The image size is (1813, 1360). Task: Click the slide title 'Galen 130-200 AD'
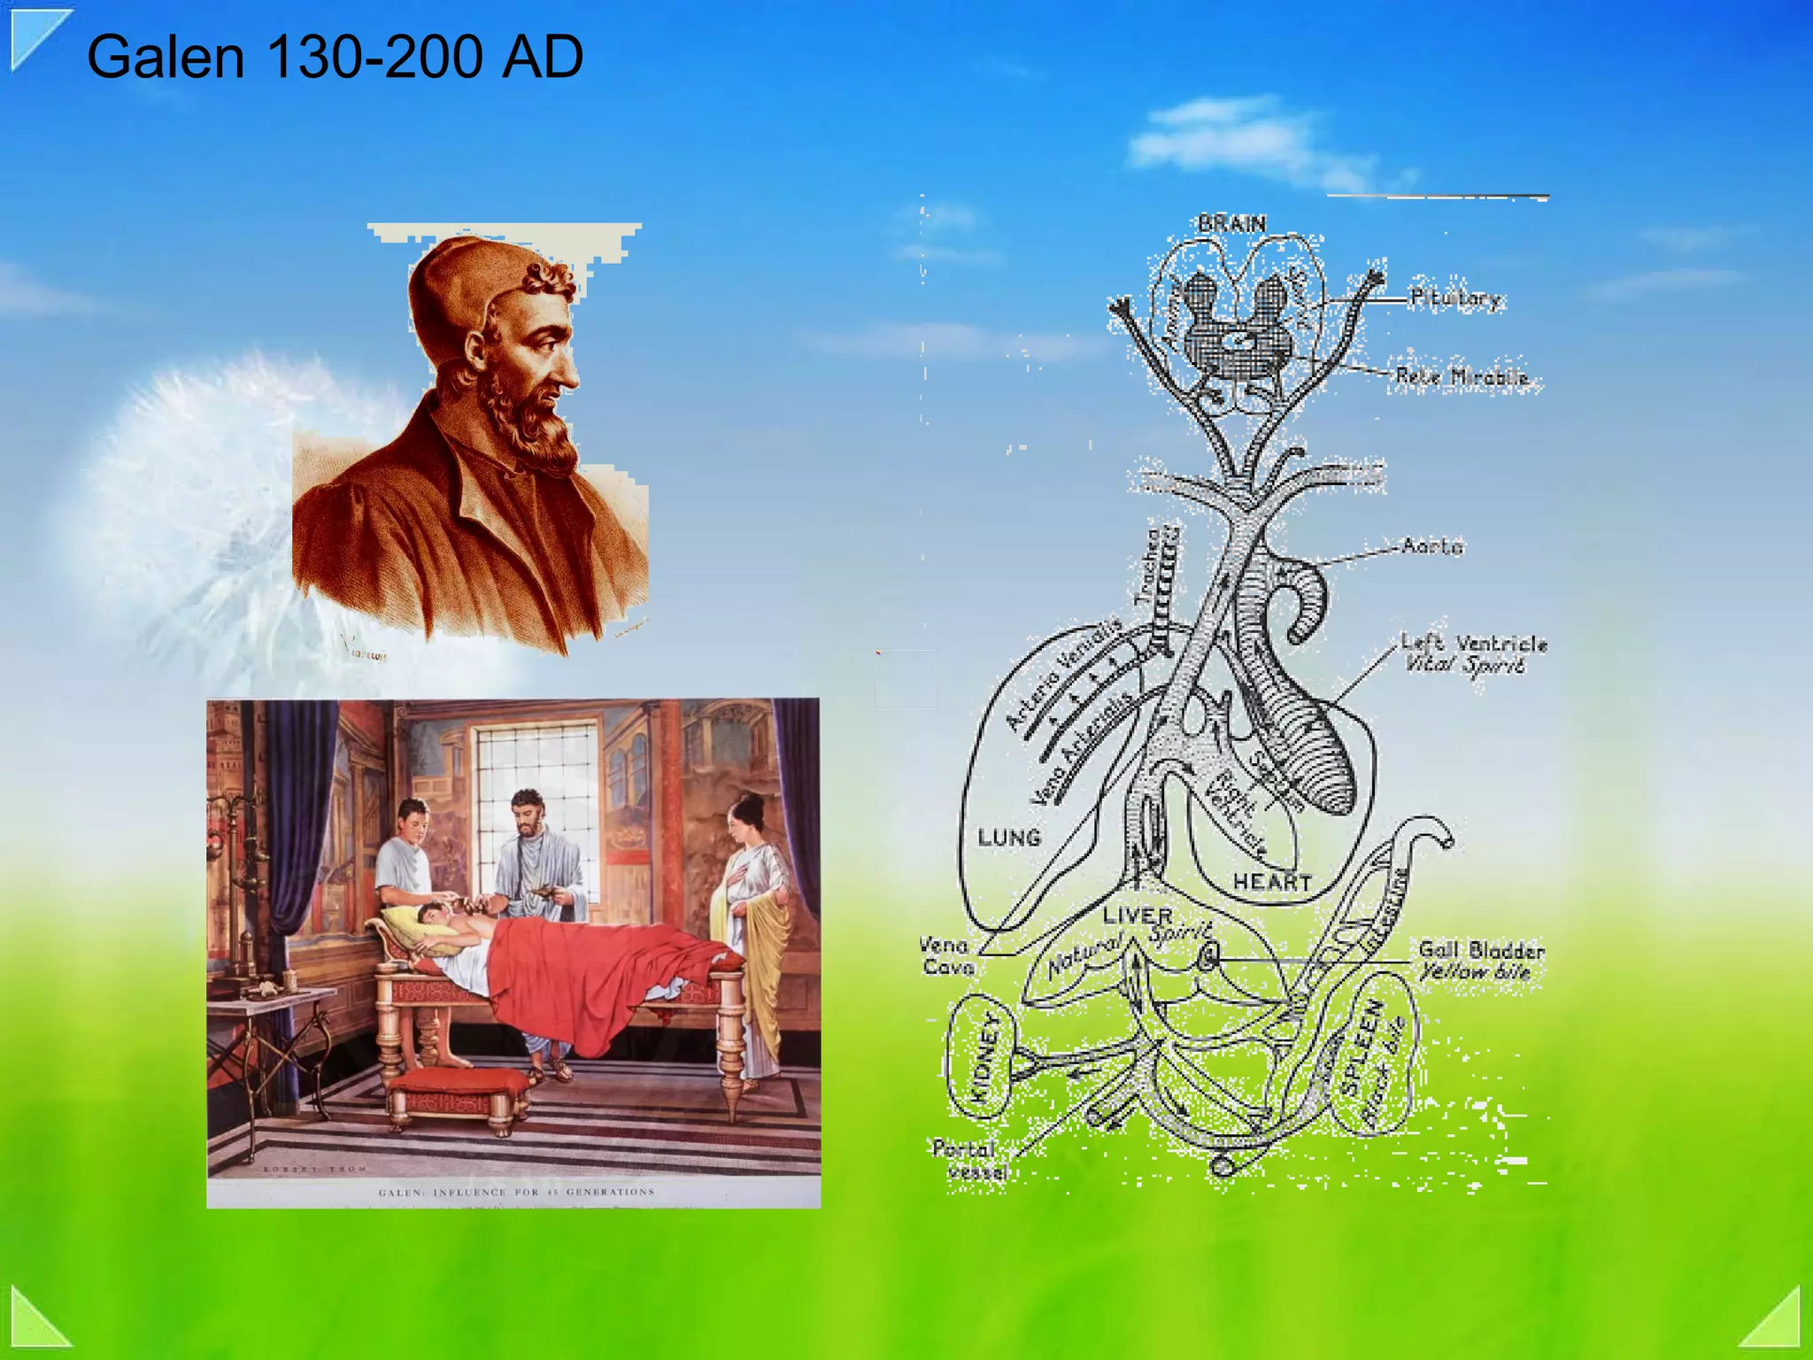pyautogui.click(x=335, y=57)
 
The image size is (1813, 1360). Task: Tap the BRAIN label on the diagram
pyautogui.click(x=1231, y=224)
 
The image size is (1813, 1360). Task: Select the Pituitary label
pyautogui.click(x=1456, y=298)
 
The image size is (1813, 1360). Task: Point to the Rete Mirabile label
pyautogui.click(x=1462, y=377)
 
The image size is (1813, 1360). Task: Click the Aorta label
pyautogui.click(x=1432, y=545)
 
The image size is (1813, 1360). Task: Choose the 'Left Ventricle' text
pyautogui.click(x=1474, y=643)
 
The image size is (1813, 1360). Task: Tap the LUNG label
pyautogui.click(x=1009, y=838)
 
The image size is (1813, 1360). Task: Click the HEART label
pyautogui.click(x=1272, y=882)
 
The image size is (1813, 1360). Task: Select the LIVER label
pyautogui.click(x=1138, y=916)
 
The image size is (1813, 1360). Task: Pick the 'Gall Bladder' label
pyautogui.click(x=1481, y=951)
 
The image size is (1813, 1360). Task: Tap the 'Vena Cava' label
pyautogui.click(x=946, y=956)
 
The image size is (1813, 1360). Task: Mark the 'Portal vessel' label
pyautogui.click(x=969, y=1160)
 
